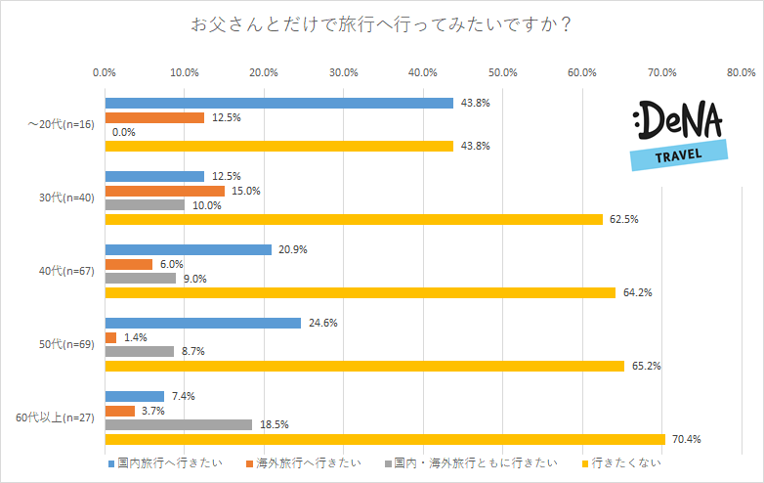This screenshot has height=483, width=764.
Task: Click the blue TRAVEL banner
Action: pos(679,154)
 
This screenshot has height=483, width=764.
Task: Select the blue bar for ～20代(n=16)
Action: pos(278,103)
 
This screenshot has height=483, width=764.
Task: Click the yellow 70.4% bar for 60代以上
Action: pos(384,439)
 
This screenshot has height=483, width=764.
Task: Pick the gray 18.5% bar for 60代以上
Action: pos(178,425)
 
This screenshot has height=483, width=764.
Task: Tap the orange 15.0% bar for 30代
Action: pos(164,191)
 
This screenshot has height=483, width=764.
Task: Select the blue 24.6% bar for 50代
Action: pos(202,323)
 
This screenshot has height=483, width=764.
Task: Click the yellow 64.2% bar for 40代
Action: pos(360,292)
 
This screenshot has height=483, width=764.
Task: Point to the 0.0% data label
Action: pos(124,132)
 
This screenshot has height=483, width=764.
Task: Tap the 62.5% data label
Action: pos(623,220)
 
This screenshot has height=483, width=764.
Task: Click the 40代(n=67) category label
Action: pos(64,271)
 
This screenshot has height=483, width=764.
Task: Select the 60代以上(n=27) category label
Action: pos(54,417)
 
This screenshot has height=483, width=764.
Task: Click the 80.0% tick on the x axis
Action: pos(742,72)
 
